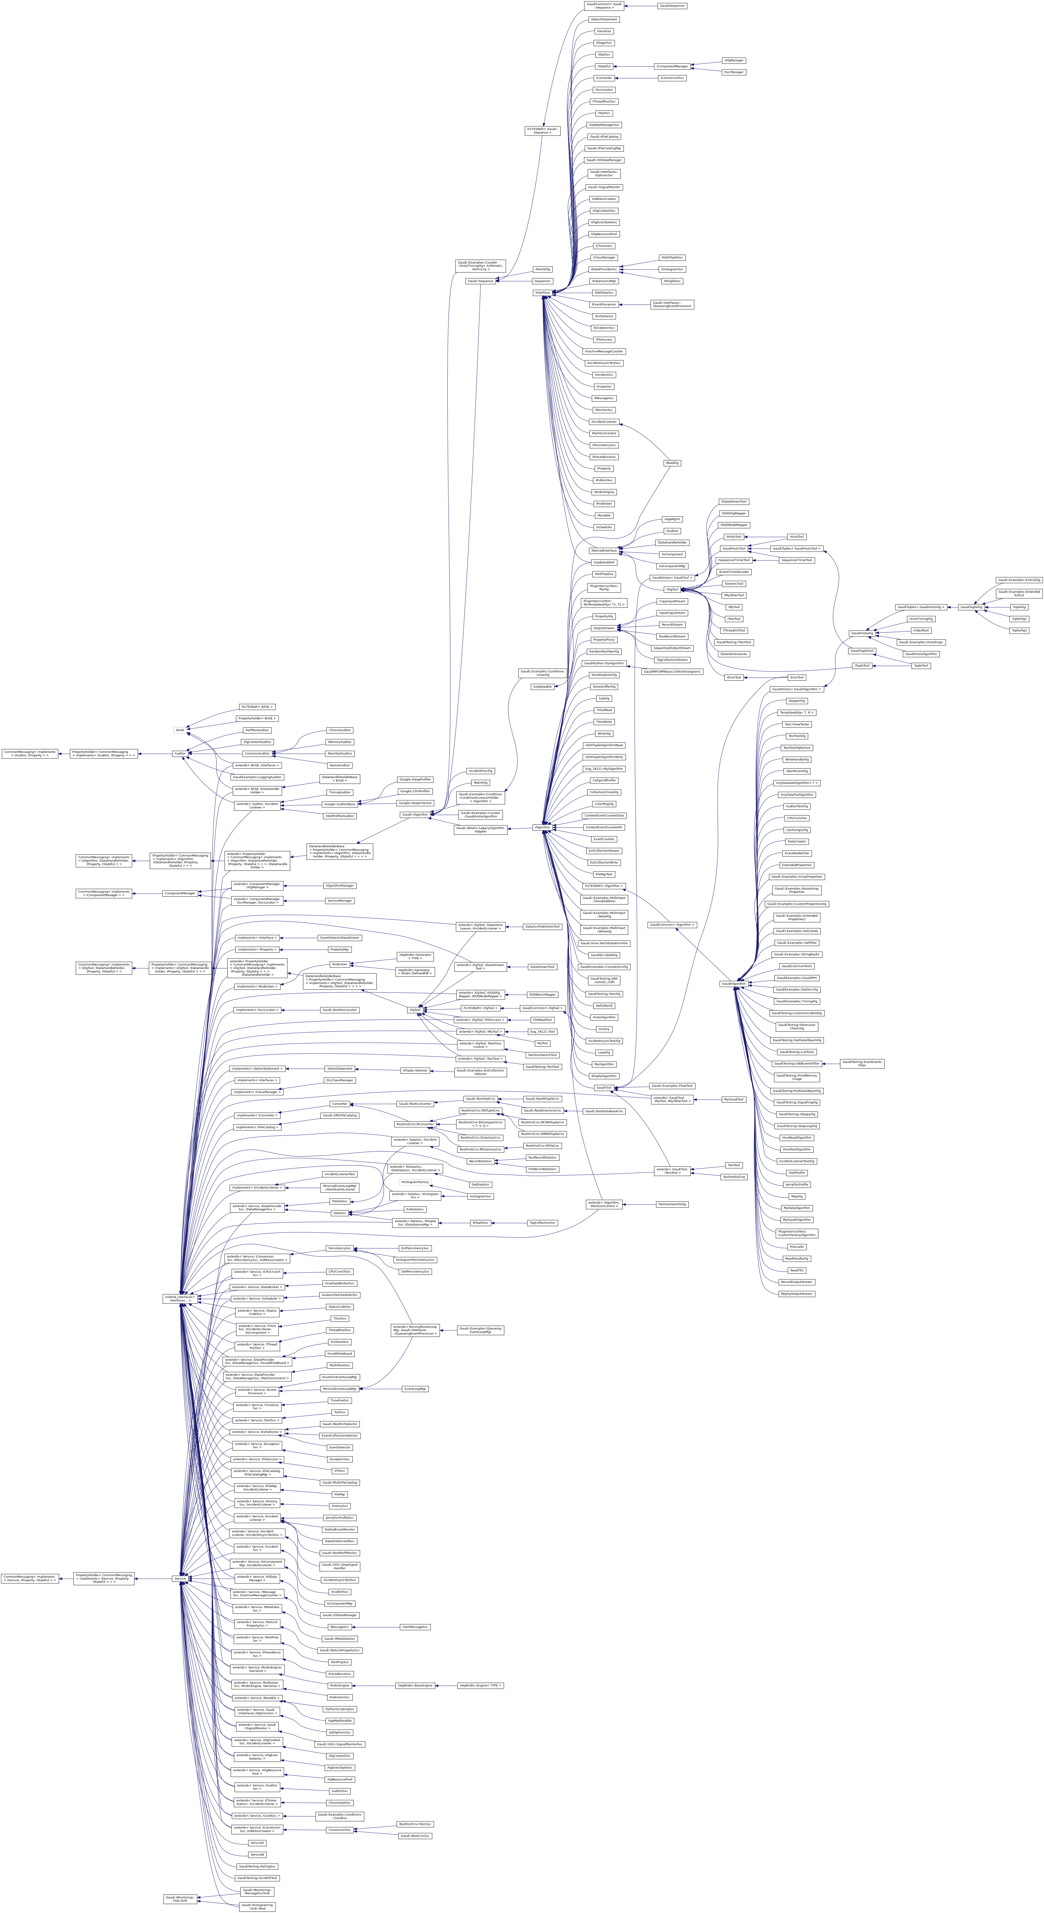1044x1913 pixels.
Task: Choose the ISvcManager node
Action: pos(734,72)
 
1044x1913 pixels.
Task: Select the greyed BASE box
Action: pos(180,730)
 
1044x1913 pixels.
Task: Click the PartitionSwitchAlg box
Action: pos(672,1204)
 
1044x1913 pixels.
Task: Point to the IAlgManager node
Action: pos(734,60)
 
